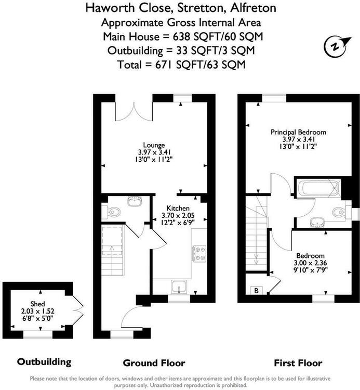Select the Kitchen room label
pos(178,208)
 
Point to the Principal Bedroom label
pos(298,132)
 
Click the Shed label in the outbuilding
pos(38,304)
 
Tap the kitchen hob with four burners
pos(199,253)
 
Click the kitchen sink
pos(179,287)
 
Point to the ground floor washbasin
pos(135,201)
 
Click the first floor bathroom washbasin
pos(317,222)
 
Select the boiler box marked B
pos(257,290)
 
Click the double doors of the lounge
pos(134,111)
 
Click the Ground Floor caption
pos(154,363)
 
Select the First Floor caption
pos(298,363)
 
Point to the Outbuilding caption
pos(44,361)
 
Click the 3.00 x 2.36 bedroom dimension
pos(310,263)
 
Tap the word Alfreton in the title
pos(253,8)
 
